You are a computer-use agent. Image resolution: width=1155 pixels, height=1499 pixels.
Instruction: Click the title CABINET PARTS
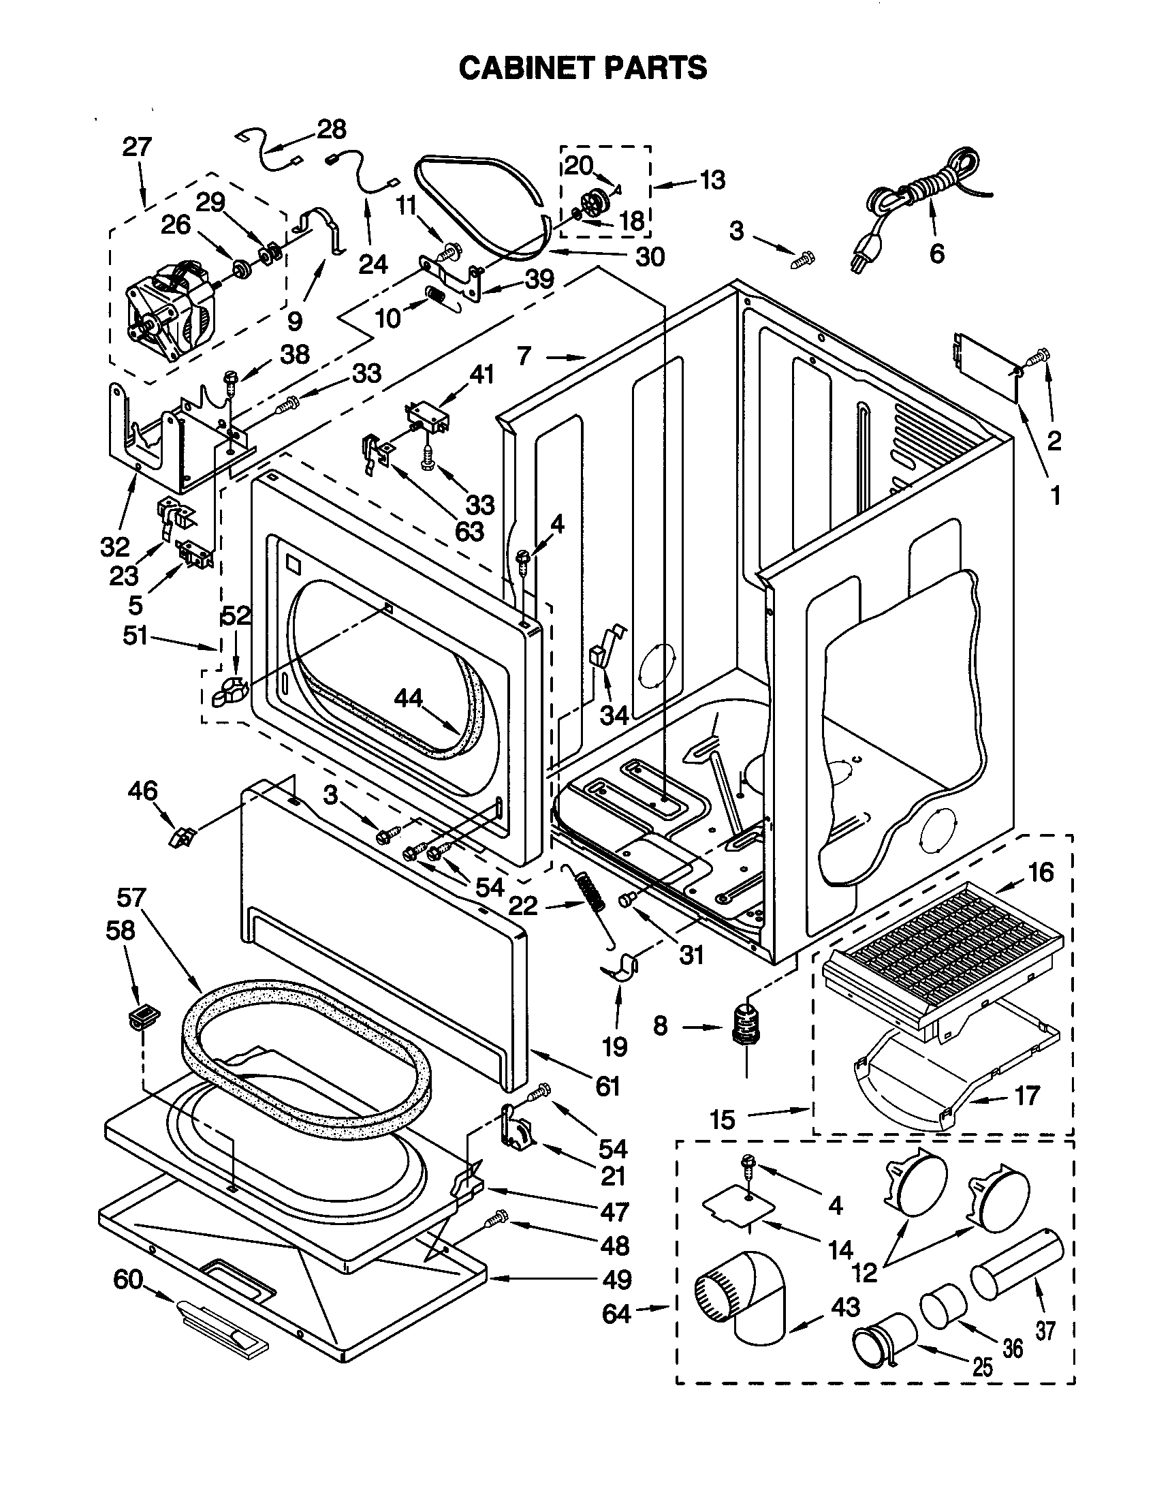coord(582,69)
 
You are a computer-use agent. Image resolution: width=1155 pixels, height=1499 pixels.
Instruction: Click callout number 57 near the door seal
coord(131,897)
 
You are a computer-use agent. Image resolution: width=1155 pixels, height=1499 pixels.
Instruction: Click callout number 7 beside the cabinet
coord(524,356)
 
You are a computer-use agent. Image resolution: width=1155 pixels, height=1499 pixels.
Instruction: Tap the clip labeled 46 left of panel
coord(181,837)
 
